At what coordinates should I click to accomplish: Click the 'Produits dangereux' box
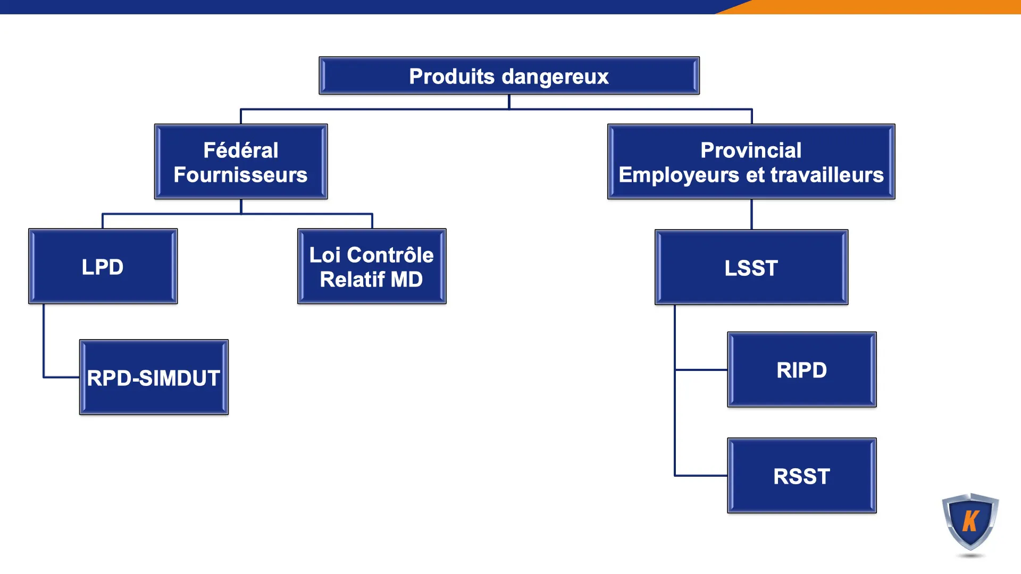point(509,76)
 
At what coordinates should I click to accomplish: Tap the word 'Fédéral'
point(240,150)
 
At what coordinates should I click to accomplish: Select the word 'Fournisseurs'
point(240,175)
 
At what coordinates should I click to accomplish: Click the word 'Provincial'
point(750,150)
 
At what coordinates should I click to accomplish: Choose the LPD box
point(103,266)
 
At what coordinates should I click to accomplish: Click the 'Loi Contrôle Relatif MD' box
point(372,266)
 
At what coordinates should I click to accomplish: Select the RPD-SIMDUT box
point(154,377)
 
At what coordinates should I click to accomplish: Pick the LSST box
point(751,267)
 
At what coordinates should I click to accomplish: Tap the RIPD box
point(801,370)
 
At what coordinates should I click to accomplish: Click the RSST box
point(801,476)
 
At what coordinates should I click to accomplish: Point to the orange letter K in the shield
point(970,521)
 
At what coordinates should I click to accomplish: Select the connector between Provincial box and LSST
point(751,214)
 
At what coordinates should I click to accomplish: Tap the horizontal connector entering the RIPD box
point(701,369)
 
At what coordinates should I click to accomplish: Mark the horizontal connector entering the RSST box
point(701,475)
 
